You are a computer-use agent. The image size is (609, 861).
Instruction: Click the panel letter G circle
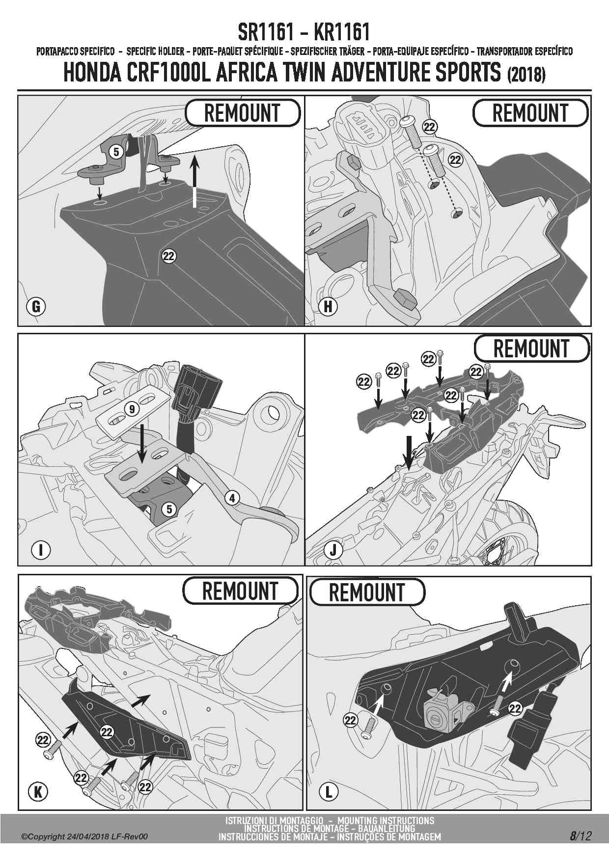35,307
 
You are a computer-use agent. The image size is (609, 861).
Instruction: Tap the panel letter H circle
329,307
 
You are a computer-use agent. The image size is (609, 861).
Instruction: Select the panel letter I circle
41,550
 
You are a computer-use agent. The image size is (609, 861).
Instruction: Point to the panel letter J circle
333,550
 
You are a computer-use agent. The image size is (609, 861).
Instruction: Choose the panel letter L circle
329,791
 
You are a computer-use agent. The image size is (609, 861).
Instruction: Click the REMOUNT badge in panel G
242,112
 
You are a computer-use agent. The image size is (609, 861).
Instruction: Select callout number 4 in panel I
232,498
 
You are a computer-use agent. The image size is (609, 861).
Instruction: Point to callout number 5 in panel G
116,152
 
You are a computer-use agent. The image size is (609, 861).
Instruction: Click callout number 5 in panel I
169,509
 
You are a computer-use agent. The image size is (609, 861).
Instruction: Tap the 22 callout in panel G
169,256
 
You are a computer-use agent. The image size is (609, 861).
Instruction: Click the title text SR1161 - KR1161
304,32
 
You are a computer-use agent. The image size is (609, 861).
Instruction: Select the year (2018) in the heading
525,75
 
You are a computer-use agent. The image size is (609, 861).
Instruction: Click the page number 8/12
581,836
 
